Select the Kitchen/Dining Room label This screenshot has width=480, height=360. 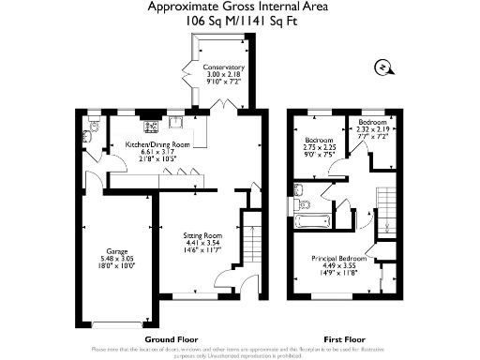click(158, 144)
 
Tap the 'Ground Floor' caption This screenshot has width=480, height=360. click(169, 338)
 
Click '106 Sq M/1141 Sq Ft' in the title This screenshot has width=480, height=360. click(240, 20)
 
